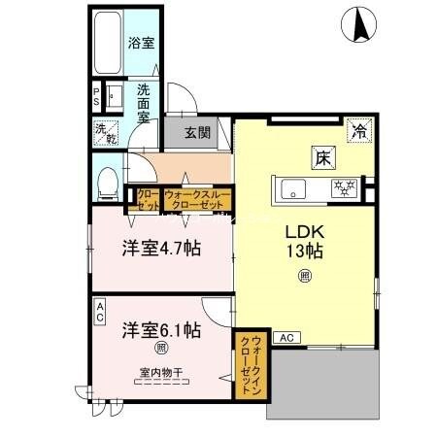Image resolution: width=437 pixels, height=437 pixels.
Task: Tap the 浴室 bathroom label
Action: click(142, 43)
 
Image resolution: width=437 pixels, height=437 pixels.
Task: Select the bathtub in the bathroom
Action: click(108, 44)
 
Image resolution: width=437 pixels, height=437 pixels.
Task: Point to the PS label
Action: click(96, 98)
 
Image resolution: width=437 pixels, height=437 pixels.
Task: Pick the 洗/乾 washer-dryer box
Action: click(105, 130)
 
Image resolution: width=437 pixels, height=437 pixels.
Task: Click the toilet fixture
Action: click(109, 180)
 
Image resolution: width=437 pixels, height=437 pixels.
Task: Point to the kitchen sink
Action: click(292, 187)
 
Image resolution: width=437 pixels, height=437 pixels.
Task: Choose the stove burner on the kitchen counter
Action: click(346, 187)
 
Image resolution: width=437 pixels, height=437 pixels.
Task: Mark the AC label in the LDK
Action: click(286, 337)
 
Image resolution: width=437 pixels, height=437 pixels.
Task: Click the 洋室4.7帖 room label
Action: click(160, 249)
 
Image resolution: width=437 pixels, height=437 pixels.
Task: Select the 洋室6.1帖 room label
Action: click(160, 329)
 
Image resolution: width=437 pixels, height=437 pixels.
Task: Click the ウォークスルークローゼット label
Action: click(198, 199)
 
